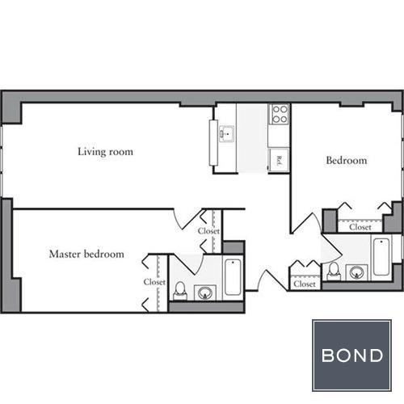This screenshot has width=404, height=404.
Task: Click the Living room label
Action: click(x=105, y=152)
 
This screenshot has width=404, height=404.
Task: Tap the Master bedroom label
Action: click(x=86, y=254)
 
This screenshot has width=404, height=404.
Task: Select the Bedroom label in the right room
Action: click(x=347, y=161)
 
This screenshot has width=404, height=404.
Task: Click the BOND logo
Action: click(x=351, y=356)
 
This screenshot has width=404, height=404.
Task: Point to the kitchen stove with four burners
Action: click(x=280, y=114)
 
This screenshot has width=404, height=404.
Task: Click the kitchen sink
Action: click(x=227, y=133)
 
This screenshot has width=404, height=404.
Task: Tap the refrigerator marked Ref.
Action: click(x=279, y=160)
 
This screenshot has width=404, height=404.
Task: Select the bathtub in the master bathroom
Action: click(x=233, y=277)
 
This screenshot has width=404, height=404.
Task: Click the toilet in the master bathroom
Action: click(x=180, y=291)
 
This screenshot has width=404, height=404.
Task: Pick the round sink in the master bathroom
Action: click(x=205, y=292)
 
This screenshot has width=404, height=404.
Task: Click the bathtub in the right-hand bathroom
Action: click(x=381, y=257)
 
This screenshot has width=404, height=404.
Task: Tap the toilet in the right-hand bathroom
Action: click(x=334, y=271)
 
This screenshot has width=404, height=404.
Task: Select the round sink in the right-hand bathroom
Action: click(x=356, y=273)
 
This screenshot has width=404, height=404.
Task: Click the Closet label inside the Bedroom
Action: click(x=360, y=227)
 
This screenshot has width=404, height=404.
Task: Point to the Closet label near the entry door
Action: click(x=305, y=284)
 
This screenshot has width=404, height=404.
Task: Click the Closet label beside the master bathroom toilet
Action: click(x=154, y=282)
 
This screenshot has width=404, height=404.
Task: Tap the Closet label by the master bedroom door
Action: click(x=208, y=231)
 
